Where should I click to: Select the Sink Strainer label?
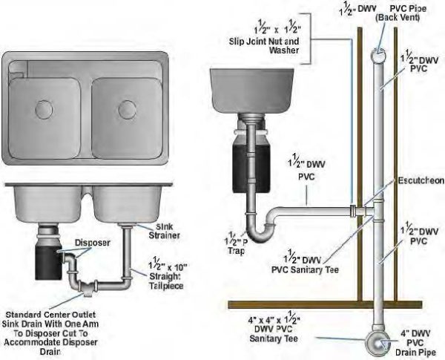(x=155, y=231)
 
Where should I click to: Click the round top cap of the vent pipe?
(x=377, y=55)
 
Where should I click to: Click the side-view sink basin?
(x=249, y=89)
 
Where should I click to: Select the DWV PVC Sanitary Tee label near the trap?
(x=311, y=263)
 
